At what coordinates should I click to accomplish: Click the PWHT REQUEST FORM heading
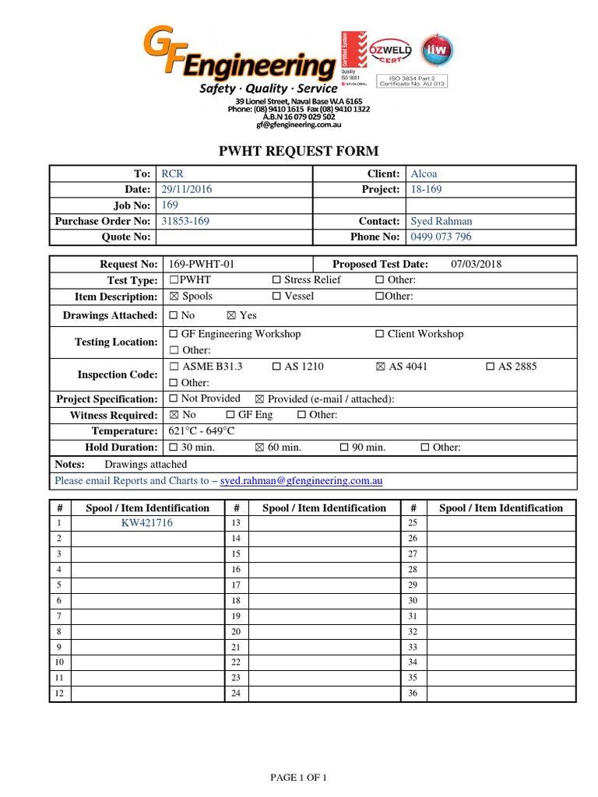coord(300,151)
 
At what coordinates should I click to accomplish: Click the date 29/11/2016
coord(186,189)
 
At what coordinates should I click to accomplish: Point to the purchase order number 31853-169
coord(185,221)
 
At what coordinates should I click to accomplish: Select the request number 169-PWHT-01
coord(202,264)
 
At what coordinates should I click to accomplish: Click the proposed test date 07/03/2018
coord(477,264)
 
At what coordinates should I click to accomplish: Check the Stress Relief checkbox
coord(276,280)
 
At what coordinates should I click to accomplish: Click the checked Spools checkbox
coord(174,297)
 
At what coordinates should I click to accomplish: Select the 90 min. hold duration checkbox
coord(344,448)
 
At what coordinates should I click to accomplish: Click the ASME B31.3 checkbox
coord(174,367)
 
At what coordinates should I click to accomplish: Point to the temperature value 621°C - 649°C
coord(202,431)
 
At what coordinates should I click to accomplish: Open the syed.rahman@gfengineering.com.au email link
coord(301,481)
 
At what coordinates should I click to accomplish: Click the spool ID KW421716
coord(147,523)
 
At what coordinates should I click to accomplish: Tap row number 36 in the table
coord(413,693)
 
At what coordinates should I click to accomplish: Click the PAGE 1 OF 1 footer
coord(298,778)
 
